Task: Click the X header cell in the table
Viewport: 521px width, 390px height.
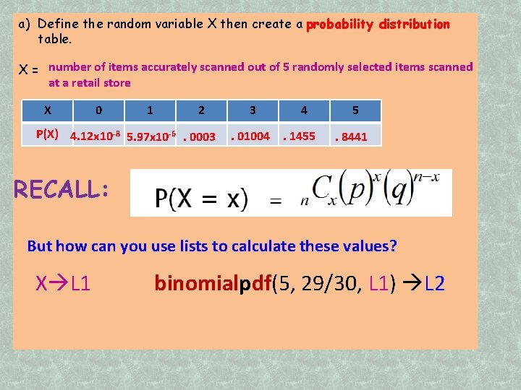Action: (47, 110)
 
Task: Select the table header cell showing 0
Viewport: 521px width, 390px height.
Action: (98, 110)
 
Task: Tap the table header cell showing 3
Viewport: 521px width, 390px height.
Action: (253, 110)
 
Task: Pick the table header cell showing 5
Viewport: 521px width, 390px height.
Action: (355, 110)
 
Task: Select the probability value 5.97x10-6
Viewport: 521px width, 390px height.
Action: (151, 136)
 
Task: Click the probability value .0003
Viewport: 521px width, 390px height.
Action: (200, 137)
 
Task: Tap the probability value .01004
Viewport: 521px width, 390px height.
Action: (250, 136)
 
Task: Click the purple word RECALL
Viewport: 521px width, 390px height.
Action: (61, 189)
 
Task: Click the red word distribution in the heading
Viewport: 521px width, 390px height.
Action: (417, 24)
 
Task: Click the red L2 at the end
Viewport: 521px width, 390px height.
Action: (436, 284)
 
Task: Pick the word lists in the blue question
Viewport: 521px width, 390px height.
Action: (187, 246)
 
